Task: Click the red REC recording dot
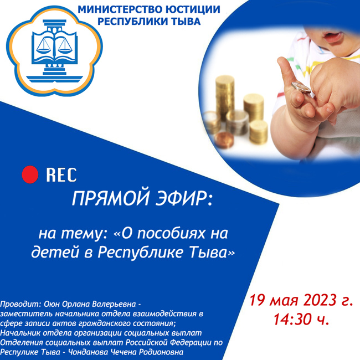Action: tap(30, 174)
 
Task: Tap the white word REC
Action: tap(61, 175)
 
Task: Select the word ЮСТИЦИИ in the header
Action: tap(189, 9)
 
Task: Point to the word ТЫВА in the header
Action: tap(186, 22)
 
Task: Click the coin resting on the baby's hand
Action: tap(301, 88)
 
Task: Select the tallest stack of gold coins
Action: tap(225, 97)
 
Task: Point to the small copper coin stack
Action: tap(224, 140)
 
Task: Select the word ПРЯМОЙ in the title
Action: tap(111, 198)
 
